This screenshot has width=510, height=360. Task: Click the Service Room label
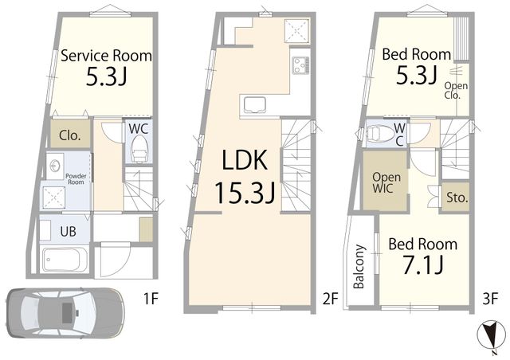tap(106, 56)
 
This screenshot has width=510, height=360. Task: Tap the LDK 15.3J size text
tap(245, 193)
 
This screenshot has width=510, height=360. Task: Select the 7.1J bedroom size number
tap(423, 264)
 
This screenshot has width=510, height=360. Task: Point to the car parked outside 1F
tap(65, 313)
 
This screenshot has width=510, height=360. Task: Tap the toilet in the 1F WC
tap(140, 149)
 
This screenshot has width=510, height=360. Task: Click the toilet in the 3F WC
tap(380, 133)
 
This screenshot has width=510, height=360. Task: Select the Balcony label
tap(359, 266)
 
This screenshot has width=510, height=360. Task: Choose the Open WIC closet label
tap(386, 182)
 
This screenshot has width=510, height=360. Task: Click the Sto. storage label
tap(457, 197)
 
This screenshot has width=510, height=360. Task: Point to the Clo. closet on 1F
tap(69, 135)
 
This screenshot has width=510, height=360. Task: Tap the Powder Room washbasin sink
tap(54, 166)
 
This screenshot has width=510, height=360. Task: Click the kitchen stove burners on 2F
tap(300, 65)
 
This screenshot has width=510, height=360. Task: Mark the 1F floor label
tap(151, 299)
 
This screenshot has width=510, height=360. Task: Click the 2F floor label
tap(331, 299)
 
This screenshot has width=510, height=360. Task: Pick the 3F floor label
tap(490, 299)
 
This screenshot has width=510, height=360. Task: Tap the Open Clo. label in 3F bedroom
tap(456, 91)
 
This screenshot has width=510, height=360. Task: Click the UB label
tap(68, 232)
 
